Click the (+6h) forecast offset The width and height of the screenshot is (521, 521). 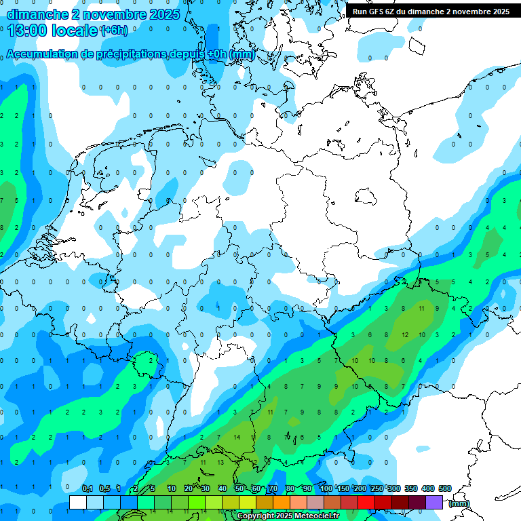tap(113, 31)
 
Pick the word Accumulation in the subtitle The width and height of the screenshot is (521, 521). tap(42, 54)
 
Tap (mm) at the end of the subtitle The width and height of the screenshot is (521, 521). tap(242, 54)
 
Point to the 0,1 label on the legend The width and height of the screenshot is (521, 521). tap(87, 488)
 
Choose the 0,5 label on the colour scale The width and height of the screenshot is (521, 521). tap(104, 488)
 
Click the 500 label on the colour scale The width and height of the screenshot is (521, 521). tap(445, 488)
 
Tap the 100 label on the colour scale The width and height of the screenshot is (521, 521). tap(326, 488)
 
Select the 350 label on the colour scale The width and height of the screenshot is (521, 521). tap(411, 488)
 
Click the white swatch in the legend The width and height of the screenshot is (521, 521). tap(77, 502)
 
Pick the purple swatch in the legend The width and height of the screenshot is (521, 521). tap(434, 502)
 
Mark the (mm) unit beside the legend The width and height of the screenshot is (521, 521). tap(459, 503)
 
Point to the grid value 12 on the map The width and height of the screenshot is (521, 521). tap(405, 335)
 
